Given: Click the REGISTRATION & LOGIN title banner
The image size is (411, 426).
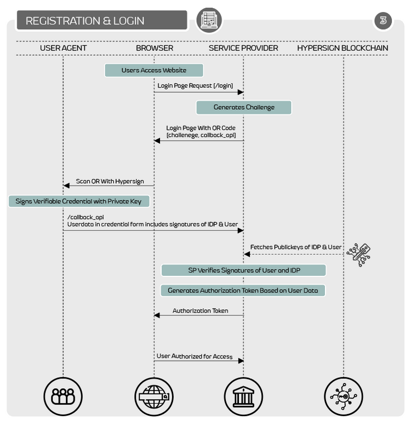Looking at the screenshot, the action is pos(102,20).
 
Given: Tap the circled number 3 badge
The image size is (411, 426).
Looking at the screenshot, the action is pos(383,20).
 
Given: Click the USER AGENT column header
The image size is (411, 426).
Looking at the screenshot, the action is pos(63,48).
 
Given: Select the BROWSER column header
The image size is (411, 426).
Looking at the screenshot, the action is pos(155,48).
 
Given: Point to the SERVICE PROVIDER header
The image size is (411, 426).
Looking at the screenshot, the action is pos(243,48).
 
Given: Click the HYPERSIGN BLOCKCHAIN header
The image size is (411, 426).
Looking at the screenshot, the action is pos(342,48).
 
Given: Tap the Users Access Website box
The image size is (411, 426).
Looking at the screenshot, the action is pos(154,70).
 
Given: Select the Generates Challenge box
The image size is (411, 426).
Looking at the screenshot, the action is pos(244,107).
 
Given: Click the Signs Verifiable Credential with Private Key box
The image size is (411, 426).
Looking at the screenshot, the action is pos(79,201).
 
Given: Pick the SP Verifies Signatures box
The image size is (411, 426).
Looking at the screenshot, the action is pos(243,270).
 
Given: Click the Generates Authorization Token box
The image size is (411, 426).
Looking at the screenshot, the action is pos(243,291).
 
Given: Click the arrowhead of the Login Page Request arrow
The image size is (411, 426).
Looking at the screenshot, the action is pos(241,92).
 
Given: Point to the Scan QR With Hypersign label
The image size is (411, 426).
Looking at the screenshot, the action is pos(110,181).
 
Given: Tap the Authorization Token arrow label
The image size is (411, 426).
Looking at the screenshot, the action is pos(201,310).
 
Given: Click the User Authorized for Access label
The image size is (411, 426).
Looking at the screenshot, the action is pos(195,356).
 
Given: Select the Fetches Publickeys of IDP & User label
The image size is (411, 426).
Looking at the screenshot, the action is pos(296,247).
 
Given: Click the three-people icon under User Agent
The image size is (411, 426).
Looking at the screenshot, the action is pos(63,396).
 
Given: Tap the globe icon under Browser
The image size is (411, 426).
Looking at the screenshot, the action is pos(154,396).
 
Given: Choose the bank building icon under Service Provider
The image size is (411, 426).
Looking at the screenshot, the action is pos(243,396).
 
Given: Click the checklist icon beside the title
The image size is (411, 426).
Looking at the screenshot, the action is pos(209,20).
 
